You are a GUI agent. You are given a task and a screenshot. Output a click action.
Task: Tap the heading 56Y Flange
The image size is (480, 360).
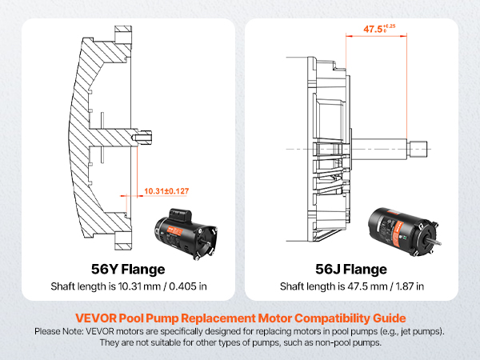coord(128,269)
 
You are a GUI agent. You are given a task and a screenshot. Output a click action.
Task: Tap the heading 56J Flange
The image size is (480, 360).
coord(351,269)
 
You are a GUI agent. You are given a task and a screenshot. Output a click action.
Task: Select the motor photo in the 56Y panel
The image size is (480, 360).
coord(185,230)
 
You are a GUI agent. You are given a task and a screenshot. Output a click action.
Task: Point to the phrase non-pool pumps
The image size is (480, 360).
coord(360,342)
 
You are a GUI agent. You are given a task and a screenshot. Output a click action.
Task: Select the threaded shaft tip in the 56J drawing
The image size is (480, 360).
coord(422,147)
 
